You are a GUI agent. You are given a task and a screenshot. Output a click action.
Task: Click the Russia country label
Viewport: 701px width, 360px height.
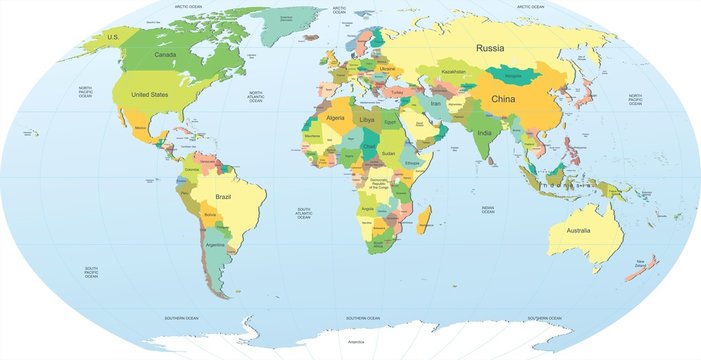(490, 48)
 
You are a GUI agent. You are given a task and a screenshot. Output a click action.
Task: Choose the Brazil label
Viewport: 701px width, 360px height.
(223, 197)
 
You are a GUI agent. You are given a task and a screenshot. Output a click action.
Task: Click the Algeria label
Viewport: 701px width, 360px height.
(336, 118)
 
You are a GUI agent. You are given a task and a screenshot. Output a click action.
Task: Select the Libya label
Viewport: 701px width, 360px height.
(367, 119)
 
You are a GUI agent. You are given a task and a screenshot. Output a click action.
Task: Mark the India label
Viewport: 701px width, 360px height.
(484, 133)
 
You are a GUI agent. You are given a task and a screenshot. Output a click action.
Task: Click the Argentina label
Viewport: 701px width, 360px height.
(215, 244)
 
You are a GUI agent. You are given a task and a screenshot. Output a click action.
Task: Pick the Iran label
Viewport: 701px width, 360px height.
(435, 102)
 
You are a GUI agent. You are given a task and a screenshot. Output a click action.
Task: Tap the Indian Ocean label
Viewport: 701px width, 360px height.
(487, 210)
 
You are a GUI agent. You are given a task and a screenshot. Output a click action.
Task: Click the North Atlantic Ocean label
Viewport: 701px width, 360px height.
(256, 97)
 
